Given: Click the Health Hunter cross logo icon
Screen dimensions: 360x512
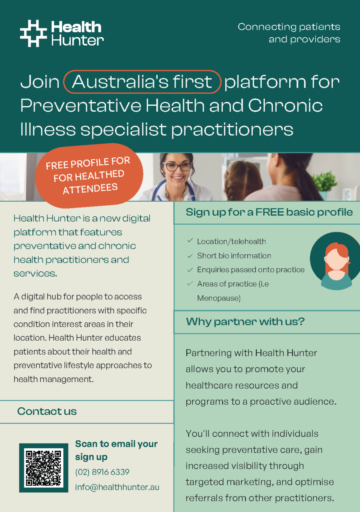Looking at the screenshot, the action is [33, 33].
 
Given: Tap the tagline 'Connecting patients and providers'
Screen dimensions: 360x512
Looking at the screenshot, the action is [289, 33].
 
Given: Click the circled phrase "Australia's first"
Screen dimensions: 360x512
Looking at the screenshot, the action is [142, 82].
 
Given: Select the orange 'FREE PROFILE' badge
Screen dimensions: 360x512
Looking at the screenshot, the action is [89, 176].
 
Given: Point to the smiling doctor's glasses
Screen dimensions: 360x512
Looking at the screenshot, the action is [177, 166].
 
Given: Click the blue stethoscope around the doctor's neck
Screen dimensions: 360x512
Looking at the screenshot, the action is [174, 189].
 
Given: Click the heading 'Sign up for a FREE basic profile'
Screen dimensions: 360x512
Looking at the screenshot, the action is [269, 212].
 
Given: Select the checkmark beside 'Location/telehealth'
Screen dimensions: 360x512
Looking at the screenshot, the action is [190, 241].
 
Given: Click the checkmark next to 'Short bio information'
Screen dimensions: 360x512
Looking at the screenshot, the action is [190, 256].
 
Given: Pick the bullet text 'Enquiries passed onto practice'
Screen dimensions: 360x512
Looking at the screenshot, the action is [251, 270].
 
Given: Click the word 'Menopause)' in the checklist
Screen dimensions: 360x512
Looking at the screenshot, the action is [219, 298].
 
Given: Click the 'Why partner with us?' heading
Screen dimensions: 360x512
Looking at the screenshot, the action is [245, 321].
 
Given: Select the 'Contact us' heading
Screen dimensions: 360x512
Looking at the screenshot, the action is [47, 411].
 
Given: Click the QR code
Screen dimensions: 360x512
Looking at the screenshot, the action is [44, 468].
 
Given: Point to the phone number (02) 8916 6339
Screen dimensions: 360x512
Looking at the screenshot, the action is [102, 472].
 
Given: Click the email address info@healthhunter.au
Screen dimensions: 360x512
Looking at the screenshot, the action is [117, 487].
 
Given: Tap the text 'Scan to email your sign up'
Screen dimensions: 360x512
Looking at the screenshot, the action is [116, 450].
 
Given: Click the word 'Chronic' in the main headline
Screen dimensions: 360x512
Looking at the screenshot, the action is [285, 105].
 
